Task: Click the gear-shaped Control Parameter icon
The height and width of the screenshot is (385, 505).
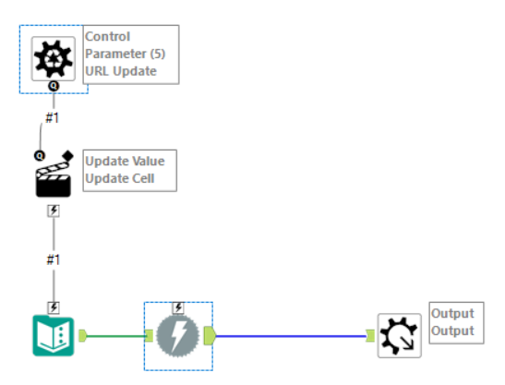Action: point(54,59)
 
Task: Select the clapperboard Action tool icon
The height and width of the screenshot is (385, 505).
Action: point(54,174)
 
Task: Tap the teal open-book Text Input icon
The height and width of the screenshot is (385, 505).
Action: point(54,336)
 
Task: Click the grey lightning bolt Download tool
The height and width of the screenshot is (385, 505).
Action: point(178,336)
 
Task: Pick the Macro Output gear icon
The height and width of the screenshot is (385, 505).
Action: point(400,336)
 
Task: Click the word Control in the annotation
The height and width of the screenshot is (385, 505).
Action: point(108,36)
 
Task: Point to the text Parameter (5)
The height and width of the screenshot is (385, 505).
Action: point(125,54)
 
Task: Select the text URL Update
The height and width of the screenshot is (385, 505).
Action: point(121,71)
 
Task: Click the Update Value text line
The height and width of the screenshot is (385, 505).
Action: point(125,161)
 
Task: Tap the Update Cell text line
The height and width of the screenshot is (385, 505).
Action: point(120,178)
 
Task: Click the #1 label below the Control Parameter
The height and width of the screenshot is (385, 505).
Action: point(53,118)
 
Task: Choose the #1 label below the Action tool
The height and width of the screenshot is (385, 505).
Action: point(54,259)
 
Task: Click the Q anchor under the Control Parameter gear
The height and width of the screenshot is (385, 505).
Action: point(54,86)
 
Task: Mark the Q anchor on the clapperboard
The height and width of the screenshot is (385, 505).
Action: point(40,156)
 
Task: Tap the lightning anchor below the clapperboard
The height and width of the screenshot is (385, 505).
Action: point(54,211)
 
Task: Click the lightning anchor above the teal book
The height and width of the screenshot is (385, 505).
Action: point(54,307)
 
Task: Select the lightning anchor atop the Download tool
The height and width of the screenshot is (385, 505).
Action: point(178,308)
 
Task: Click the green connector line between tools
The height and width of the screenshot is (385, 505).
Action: point(116,336)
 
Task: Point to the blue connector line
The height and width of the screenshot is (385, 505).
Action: point(291,336)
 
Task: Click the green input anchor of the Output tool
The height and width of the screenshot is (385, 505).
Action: point(370,336)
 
